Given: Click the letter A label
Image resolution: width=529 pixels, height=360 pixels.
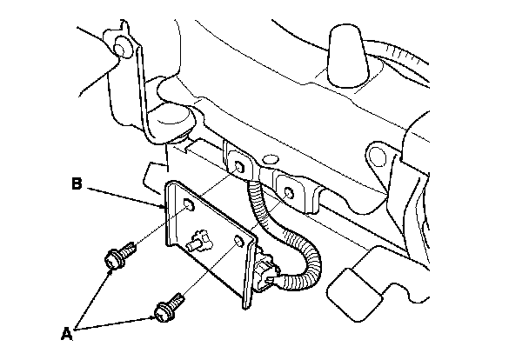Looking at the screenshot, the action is pyautogui.click(x=67, y=330).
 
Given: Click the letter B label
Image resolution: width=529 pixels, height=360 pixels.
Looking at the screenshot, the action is pyautogui.click(x=77, y=183).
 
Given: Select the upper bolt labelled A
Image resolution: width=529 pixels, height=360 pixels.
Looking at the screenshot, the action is pyautogui.click(x=116, y=256).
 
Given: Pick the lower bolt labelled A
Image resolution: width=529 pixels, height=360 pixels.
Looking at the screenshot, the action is pyautogui.click(x=166, y=307).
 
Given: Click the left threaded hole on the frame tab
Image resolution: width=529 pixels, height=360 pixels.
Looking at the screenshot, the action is pyautogui.click(x=237, y=164).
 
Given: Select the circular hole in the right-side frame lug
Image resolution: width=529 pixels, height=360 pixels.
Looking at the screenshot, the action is pyautogui.click(x=378, y=157).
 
